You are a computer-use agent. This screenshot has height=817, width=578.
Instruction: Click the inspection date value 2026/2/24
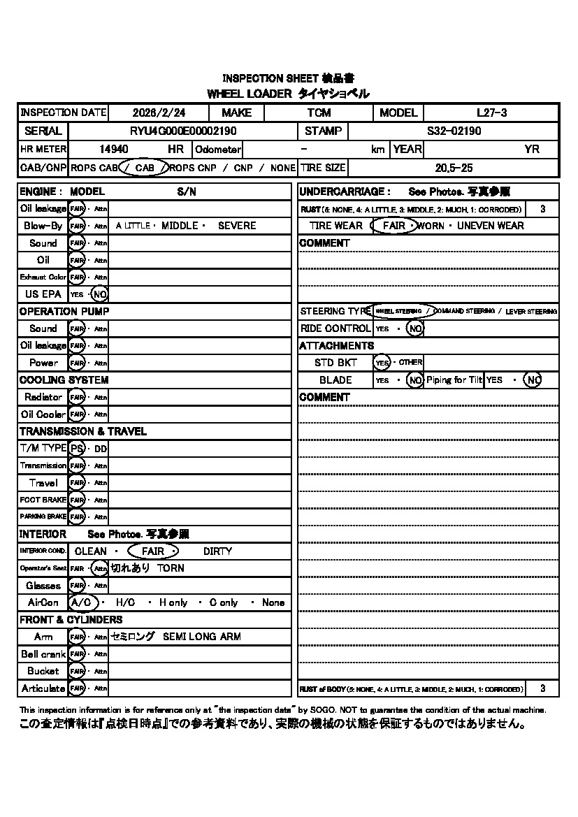(x=159, y=113)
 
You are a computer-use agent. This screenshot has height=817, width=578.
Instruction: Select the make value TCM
(x=319, y=113)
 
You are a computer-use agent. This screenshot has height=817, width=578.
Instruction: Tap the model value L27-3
(x=491, y=113)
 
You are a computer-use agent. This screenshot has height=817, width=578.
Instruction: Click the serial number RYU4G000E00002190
(x=183, y=131)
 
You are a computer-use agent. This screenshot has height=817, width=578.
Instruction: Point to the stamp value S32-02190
(x=454, y=131)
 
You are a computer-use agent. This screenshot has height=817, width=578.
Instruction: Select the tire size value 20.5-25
(x=454, y=168)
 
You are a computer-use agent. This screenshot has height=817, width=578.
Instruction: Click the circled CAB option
(x=145, y=168)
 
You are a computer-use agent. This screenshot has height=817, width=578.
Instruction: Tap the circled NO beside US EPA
(x=100, y=294)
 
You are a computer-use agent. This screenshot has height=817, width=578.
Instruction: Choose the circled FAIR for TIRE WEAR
(x=394, y=226)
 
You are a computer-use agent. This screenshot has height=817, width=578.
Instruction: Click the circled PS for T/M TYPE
(x=77, y=448)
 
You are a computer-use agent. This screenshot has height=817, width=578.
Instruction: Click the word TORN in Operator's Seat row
(x=171, y=568)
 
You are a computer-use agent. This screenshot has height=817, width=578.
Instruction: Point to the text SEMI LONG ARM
(x=201, y=637)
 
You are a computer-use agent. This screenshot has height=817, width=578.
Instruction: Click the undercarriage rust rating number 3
(x=543, y=209)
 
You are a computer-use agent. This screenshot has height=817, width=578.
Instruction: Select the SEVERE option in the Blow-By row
(x=237, y=226)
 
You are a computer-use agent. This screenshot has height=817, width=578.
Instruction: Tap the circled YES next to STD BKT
(x=382, y=363)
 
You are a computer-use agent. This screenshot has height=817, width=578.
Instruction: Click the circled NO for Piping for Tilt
(x=533, y=380)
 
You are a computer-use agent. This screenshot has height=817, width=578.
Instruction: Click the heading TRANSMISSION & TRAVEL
(x=82, y=431)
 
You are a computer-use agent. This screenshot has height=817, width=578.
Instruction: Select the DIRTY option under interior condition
(x=217, y=551)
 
